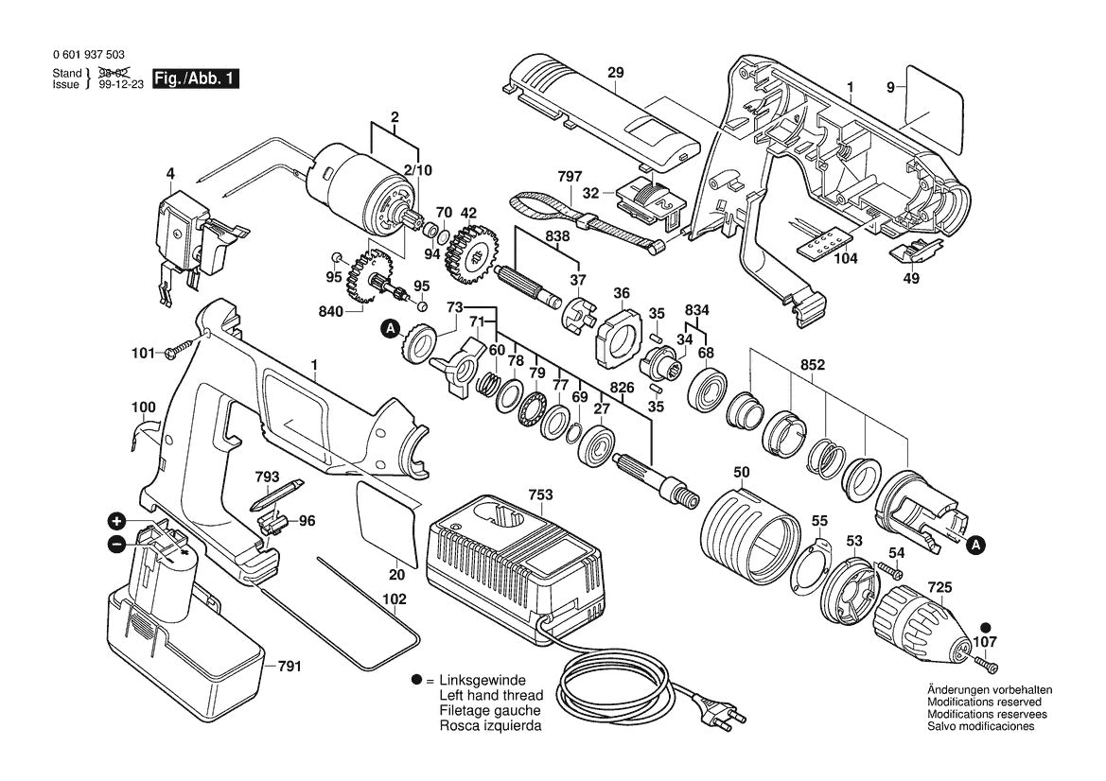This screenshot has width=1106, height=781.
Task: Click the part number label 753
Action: pyautogui.click(x=540, y=495)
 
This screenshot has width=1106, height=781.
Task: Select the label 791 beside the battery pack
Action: pyautogui.click(x=288, y=667)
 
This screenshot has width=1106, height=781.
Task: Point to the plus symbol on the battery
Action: pyautogui.click(x=116, y=521)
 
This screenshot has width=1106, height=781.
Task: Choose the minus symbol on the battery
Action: pyautogui.click(x=116, y=544)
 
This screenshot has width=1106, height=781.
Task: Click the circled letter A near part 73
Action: pyautogui.click(x=389, y=329)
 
